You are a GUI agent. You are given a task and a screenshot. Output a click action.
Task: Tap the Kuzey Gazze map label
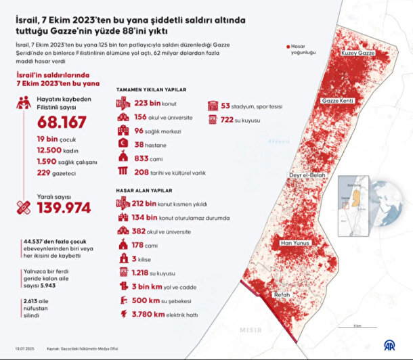click(x=358, y=53)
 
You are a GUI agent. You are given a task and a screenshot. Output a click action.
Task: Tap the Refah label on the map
click(x=282, y=296)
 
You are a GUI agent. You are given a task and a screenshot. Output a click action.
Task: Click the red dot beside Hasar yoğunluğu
click(x=285, y=47)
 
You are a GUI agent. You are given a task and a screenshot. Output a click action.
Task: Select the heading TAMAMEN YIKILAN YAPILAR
click(x=151, y=89)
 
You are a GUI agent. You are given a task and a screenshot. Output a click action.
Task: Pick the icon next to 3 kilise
click(x=123, y=258)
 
